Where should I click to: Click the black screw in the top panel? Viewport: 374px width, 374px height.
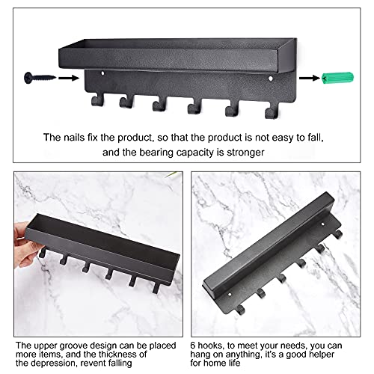point(40,78)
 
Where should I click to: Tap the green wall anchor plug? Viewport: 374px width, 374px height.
point(337,78)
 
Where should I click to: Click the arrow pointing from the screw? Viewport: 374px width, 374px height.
point(69,78)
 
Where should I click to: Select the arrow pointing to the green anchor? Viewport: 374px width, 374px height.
point(310,78)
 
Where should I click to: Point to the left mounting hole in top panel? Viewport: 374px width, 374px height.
point(102,73)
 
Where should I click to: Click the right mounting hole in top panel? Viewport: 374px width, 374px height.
point(271,79)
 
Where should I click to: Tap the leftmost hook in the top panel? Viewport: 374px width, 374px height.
point(97,100)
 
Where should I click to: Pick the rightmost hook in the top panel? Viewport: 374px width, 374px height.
point(272,111)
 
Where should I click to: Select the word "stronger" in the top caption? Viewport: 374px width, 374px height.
point(245,153)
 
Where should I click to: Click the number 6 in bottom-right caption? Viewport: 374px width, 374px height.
point(193,346)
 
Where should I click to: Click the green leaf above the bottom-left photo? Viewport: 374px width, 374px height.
point(172,174)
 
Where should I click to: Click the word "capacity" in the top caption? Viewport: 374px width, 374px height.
point(196,153)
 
